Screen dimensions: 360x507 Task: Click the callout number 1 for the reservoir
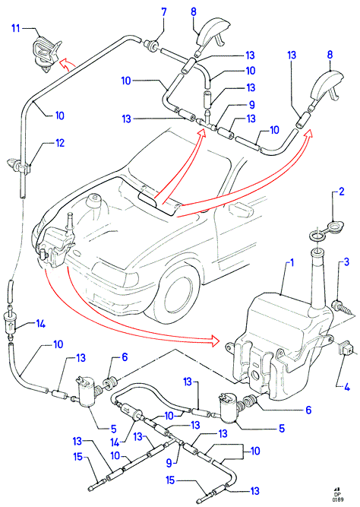pyautogui.click(x=292, y=262)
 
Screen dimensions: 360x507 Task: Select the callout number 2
pyautogui.click(x=341, y=192)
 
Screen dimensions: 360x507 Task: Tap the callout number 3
pyautogui.click(x=346, y=261)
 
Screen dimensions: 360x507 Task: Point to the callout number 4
pyautogui.click(x=347, y=386)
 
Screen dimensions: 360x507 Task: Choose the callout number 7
pyautogui.click(x=164, y=12)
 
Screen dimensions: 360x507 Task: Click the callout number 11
pyautogui.click(x=16, y=28)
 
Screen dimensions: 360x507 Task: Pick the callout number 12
pyautogui.click(x=60, y=143)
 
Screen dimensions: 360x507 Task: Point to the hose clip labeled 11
pyautogui.click(x=46, y=53)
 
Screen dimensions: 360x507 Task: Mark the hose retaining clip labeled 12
pyautogui.click(x=19, y=165)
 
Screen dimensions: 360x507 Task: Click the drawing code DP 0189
pyautogui.click(x=337, y=496)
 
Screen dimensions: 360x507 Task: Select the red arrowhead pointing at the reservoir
pyautogui.click(x=215, y=341)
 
